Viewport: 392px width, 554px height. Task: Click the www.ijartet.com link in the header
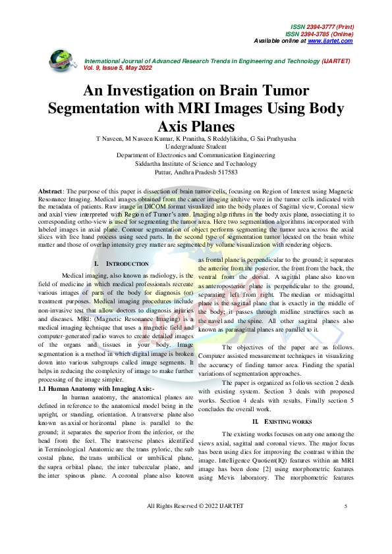tap(330, 41)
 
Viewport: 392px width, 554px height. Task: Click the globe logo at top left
tap(63, 61)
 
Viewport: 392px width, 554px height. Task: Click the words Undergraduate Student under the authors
tap(196, 147)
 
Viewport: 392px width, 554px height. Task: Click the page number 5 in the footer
tap(346, 524)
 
